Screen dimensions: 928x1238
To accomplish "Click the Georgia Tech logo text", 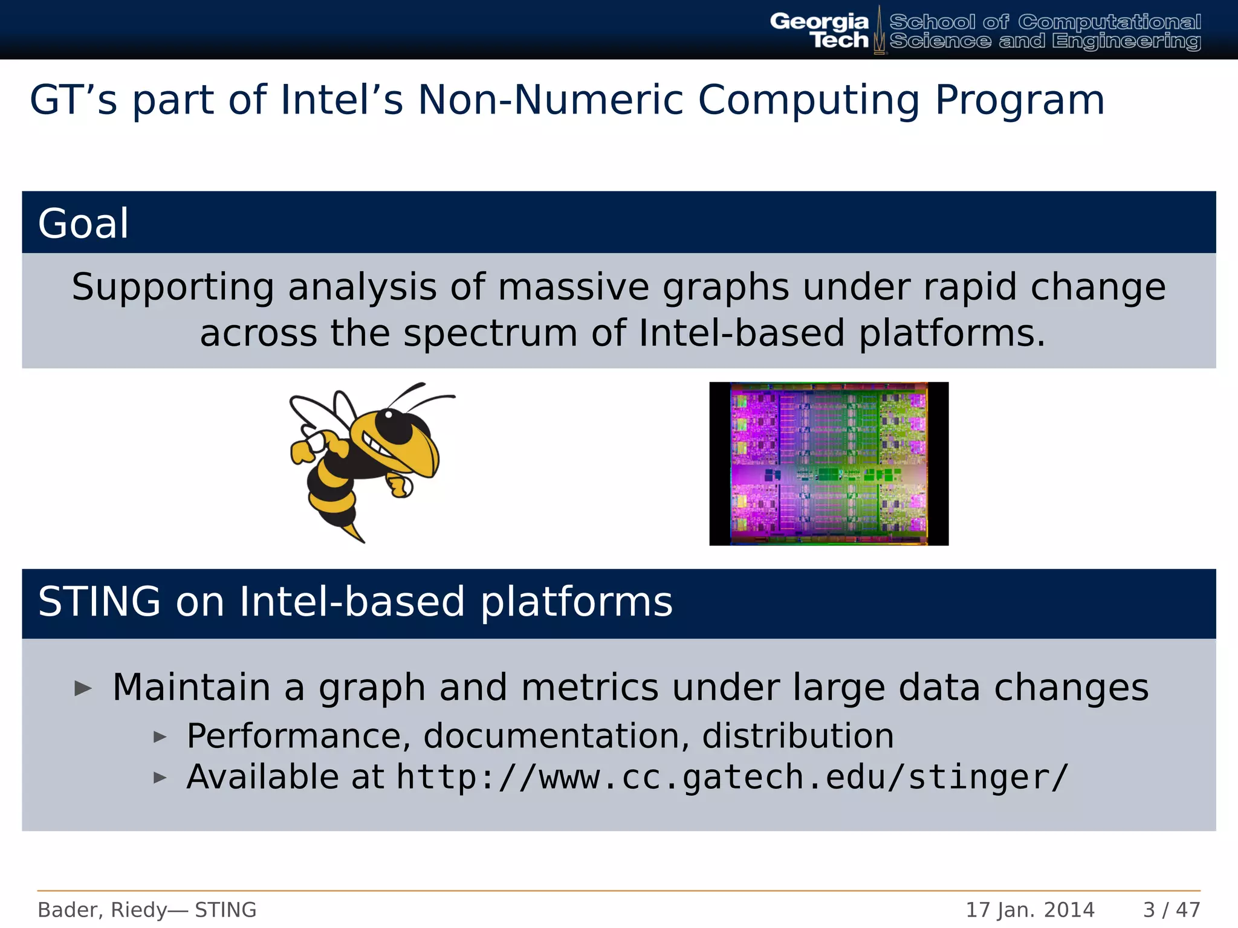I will (x=819, y=30).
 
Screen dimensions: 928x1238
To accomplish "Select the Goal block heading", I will (x=83, y=224).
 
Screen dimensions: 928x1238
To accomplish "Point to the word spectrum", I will (x=490, y=333).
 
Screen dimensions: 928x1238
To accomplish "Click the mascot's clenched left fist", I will (x=300, y=451).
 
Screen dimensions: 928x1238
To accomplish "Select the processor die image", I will (x=828, y=463).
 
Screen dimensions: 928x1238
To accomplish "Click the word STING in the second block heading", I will (x=99, y=602).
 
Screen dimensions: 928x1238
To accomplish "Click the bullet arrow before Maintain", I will (x=83, y=688).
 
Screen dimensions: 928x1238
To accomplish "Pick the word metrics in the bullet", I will (x=589, y=688).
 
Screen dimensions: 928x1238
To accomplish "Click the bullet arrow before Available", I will (x=160, y=778).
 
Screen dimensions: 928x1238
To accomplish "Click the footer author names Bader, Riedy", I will (x=102, y=910).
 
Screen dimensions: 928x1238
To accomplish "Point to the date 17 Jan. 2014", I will (x=1029, y=910).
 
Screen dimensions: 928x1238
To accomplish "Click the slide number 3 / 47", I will (x=1171, y=910).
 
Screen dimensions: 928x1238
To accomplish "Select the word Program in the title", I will (x=1019, y=100).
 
